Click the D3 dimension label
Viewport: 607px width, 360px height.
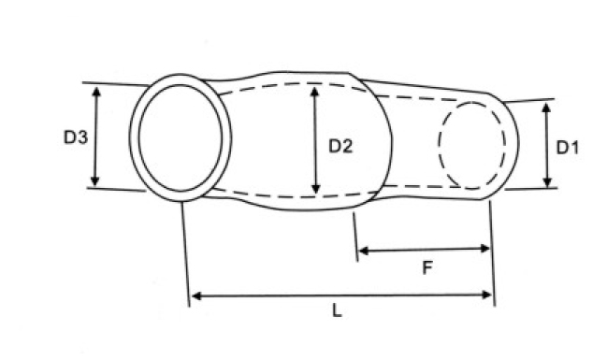click(x=76, y=137)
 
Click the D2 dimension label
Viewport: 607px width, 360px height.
click(x=340, y=146)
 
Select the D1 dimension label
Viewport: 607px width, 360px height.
click(x=567, y=148)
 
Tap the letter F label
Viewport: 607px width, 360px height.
click(x=426, y=267)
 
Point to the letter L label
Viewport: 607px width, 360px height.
click(x=338, y=310)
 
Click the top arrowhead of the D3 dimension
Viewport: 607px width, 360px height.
click(x=96, y=93)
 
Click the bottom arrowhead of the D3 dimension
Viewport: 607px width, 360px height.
click(x=95, y=180)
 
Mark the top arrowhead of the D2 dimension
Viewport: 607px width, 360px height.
click(x=315, y=93)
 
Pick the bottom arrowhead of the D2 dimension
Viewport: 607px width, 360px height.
click(x=316, y=188)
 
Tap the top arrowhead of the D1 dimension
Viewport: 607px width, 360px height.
click(x=546, y=108)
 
